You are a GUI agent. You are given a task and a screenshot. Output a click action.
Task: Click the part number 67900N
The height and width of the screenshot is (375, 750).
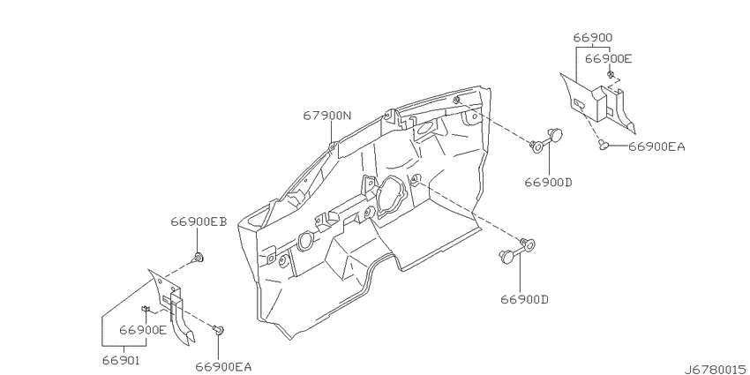tap(326, 116)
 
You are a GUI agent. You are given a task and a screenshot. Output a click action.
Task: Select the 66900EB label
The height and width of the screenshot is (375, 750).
tap(199, 222)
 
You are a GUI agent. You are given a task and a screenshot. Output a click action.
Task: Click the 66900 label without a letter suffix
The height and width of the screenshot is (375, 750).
tap(593, 38)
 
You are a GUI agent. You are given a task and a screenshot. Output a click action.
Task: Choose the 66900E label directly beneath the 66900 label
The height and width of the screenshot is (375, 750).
tap(609, 59)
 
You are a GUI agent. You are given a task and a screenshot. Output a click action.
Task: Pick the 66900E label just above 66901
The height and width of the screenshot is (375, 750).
tap(143, 330)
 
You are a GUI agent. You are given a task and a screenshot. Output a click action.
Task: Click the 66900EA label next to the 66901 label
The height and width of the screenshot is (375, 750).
tap(223, 367)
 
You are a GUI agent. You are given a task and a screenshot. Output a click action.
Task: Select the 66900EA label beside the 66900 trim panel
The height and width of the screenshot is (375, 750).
tap(656, 146)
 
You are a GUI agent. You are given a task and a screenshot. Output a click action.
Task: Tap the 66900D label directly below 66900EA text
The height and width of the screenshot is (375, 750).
tap(548, 183)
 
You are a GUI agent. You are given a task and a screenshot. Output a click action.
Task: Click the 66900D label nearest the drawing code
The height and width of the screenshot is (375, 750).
tap(525, 299)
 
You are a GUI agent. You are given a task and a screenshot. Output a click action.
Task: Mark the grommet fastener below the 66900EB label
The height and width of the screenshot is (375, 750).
tap(198, 259)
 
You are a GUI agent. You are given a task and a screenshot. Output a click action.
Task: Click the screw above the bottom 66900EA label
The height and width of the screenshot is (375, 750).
tap(219, 329)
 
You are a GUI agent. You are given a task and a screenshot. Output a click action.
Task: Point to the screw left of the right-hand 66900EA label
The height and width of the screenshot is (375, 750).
tap(604, 144)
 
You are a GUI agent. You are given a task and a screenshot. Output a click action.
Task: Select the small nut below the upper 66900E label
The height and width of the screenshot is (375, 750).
tap(611, 75)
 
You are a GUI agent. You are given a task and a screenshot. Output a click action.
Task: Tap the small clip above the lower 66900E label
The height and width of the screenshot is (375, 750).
tap(145, 309)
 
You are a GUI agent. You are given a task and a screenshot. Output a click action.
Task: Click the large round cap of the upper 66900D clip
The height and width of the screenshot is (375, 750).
tap(555, 135)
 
